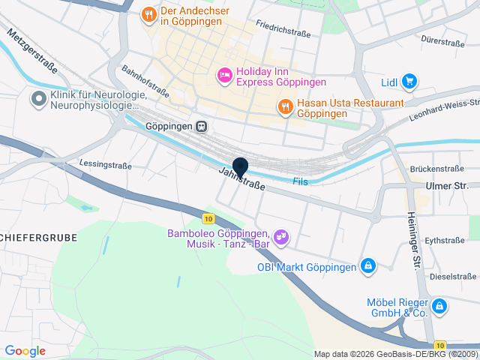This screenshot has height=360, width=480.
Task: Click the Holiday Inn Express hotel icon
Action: (x=223, y=75)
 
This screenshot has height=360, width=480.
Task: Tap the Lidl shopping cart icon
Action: (x=409, y=81)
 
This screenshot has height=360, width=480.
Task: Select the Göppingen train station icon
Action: (x=202, y=126)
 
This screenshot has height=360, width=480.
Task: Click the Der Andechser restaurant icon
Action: (x=149, y=13)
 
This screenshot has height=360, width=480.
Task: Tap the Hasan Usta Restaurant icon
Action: (x=285, y=107)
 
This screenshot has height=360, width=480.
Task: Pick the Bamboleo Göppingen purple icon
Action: (x=281, y=237)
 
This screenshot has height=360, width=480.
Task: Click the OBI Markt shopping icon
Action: (x=368, y=265)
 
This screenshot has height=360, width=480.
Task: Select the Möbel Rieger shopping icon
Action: (x=439, y=306)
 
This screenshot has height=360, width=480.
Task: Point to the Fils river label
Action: (x=300, y=181)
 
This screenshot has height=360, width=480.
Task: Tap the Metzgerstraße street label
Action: (x=33, y=52)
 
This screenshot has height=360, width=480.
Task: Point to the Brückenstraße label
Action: (x=437, y=169)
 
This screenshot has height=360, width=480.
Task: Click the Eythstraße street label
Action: (x=445, y=240)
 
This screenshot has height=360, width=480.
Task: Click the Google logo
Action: (x=25, y=350)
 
